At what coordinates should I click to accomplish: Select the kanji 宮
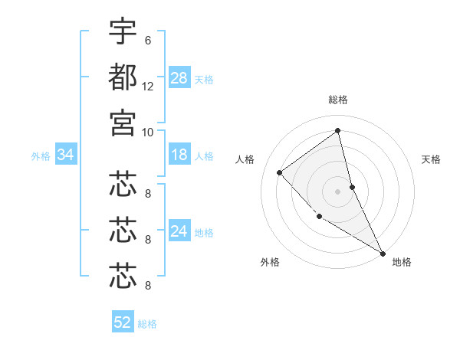click(123, 122)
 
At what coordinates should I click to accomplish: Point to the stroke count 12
click(148, 86)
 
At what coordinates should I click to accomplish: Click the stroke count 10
click(148, 132)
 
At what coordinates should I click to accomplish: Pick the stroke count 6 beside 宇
click(148, 41)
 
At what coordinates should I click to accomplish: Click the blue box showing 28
click(179, 77)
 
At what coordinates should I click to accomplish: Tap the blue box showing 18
click(179, 155)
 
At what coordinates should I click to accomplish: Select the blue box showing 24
click(179, 232)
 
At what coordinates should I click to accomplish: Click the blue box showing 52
click(123, 322)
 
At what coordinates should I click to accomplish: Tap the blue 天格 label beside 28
click(204, 79)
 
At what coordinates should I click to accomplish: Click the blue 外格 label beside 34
click(41, 156)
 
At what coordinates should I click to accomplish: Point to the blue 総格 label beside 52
click(147, 324)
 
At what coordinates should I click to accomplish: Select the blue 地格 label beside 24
click(204, 233)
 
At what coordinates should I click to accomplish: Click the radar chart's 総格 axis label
click(338, 100)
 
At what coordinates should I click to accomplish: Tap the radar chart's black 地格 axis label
click(402, 262)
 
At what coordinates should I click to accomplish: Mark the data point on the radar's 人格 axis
click(280, 172)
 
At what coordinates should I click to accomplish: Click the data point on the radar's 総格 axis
click(338, 130)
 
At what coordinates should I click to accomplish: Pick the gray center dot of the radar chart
click(338, 191)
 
